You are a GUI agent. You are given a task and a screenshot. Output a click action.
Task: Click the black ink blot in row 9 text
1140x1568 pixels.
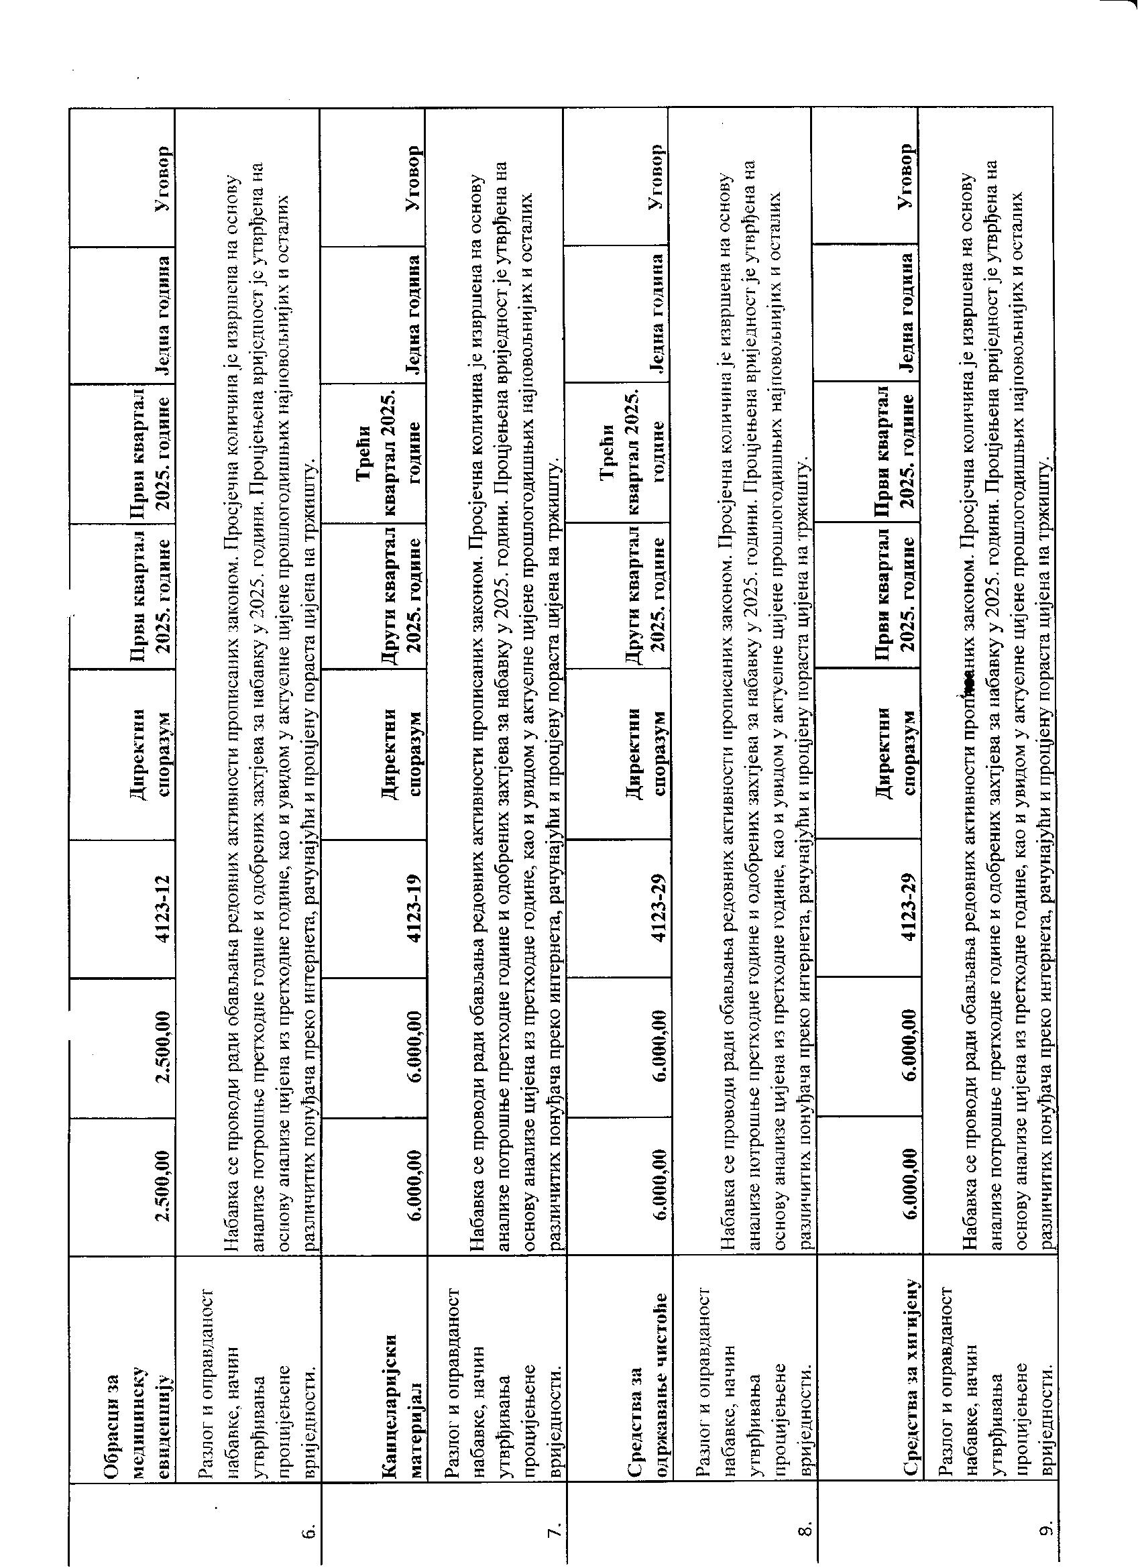click(x=969, y=683)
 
